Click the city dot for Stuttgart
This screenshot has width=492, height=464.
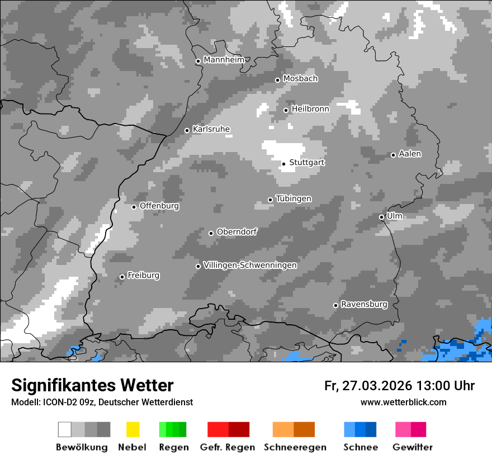click(x=283, y=164)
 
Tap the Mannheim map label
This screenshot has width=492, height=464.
click(x=224, y=60)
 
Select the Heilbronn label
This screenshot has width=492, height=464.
click(x=310, y=109)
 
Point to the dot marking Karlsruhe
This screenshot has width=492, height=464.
click(x=187, y=131)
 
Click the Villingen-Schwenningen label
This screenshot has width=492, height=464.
click(x=250, y=265)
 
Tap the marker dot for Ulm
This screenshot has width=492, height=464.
click(x=381, y=217)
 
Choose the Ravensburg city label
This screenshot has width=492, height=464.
click(x=364, y=305)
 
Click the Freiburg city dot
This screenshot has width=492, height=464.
click(x=122, y=277)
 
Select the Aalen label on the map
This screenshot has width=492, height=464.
click(x=410, y=154)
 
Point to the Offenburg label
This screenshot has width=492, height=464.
click(x=159, y=206)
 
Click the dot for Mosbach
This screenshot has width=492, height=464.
click(x=277, y=80)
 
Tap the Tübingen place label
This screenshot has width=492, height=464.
click(x=294, y=198)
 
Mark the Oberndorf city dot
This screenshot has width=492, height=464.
click(x=211, y=233)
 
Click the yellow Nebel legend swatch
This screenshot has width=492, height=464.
click(x=133, y=429)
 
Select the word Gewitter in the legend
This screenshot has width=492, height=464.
click(x=413, y=447)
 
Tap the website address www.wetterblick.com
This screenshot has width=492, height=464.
click(x=403, y=402)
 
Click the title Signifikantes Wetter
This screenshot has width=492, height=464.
click(x=92, y=385)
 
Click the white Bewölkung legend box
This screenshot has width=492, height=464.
click(x=65, y=429)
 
